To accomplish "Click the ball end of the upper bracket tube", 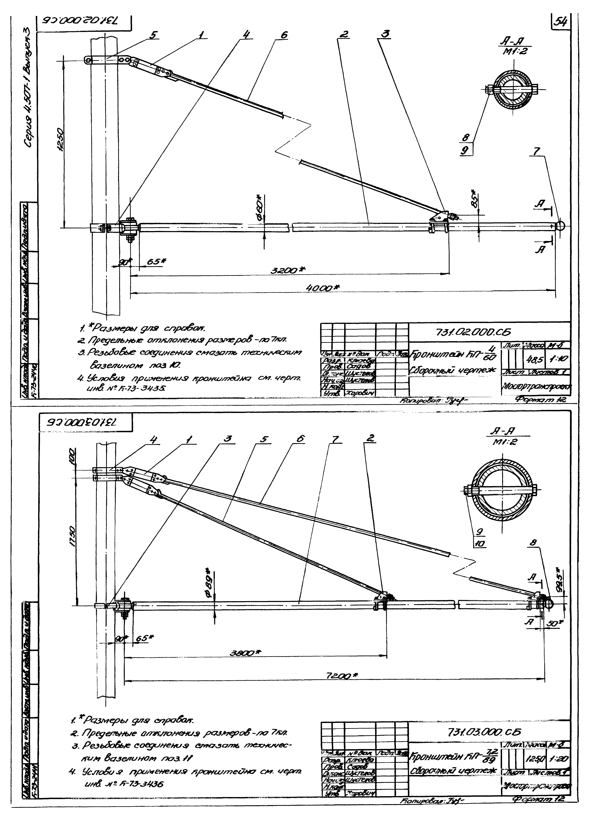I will pyautogui.click(x=560, y=226).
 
